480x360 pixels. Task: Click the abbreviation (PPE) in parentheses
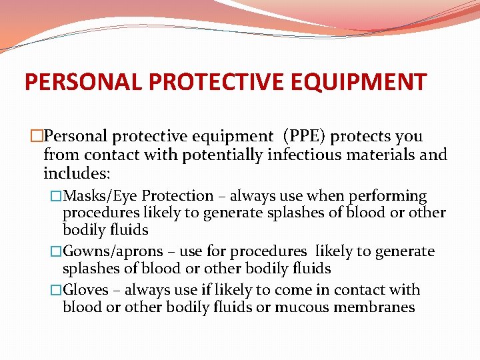(304, 137)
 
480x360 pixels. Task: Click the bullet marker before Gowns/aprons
(57, 251)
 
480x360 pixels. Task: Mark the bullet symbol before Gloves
(57, 290)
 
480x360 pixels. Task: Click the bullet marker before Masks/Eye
(57, 196)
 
